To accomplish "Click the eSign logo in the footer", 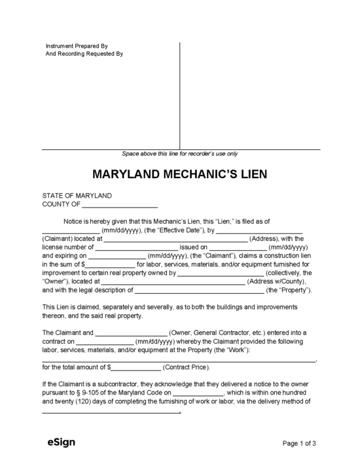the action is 61,442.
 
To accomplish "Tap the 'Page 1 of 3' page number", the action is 299,443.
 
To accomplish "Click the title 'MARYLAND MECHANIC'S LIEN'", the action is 179,176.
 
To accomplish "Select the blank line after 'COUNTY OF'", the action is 120,205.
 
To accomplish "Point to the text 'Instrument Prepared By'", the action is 77,46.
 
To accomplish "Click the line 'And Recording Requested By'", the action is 84,54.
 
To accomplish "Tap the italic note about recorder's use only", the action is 180,154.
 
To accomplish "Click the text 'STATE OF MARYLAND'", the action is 77,196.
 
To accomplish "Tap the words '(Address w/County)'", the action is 274,281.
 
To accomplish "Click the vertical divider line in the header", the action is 180,95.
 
